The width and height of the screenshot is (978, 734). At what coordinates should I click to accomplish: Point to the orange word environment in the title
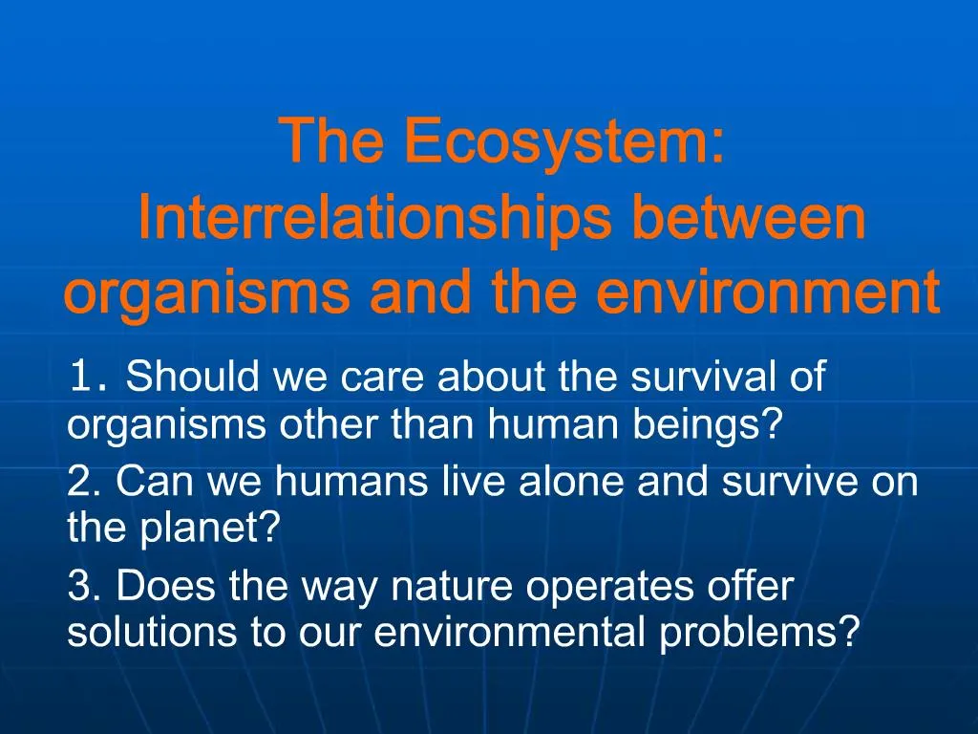[769, 294]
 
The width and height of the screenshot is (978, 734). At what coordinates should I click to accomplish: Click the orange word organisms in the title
[206, 294]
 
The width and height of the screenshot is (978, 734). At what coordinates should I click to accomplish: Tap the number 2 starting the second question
[82, 483]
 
